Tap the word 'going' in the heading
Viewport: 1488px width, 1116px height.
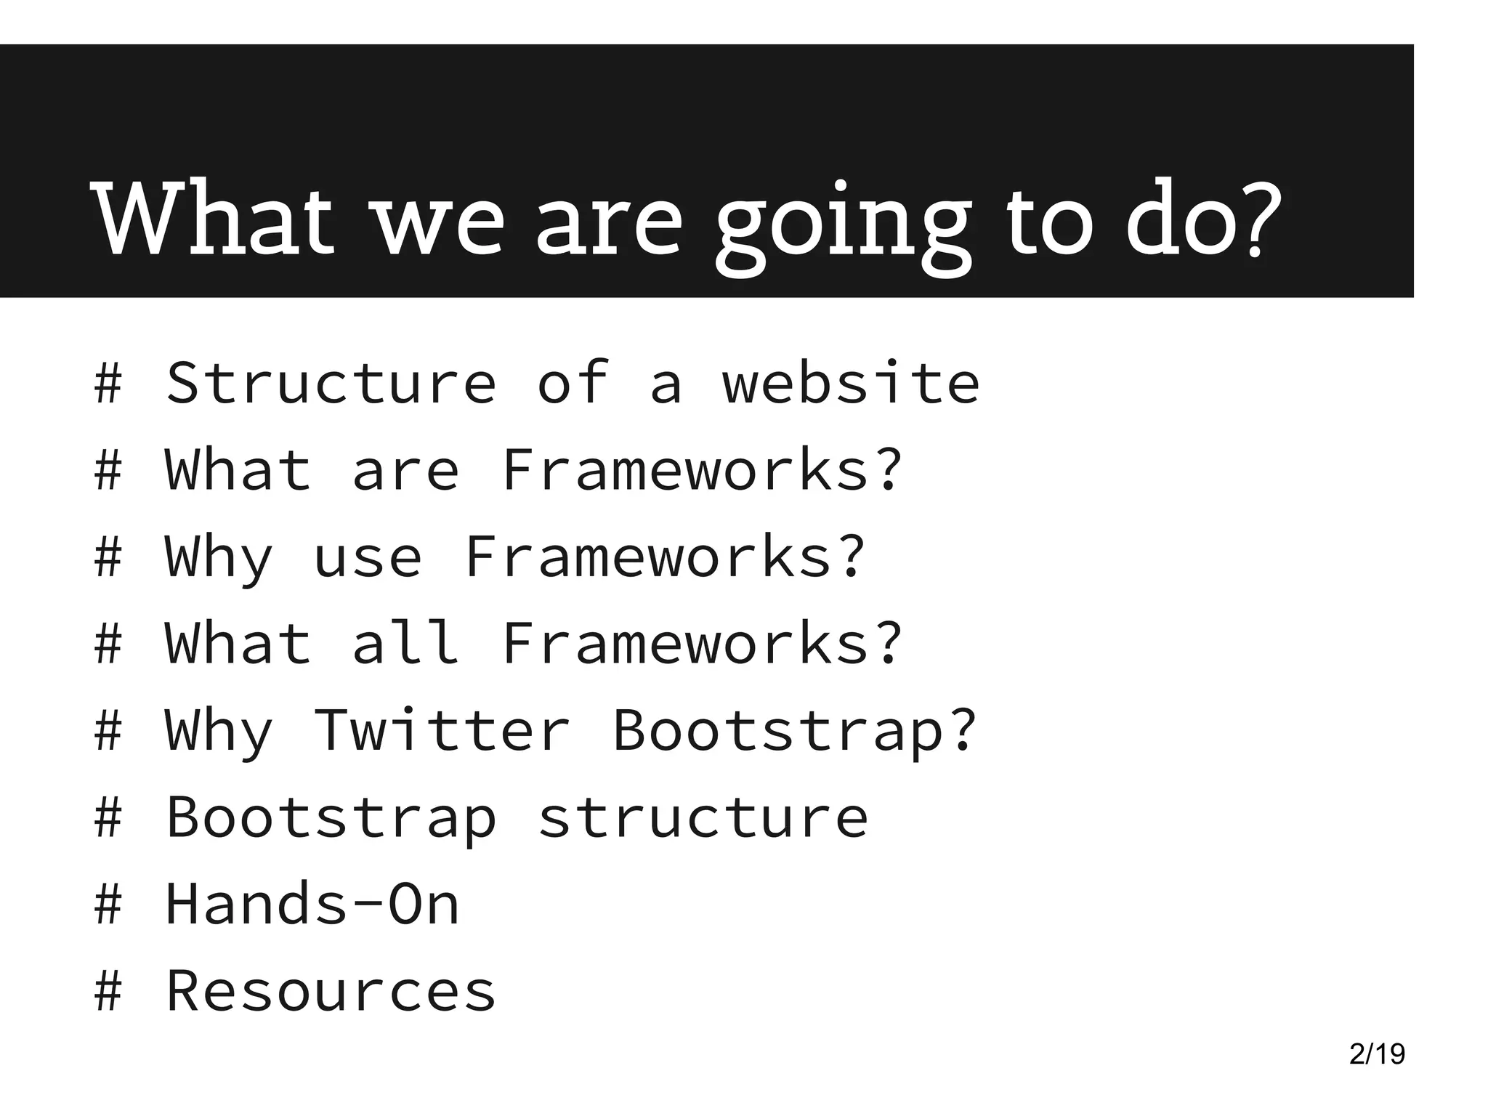[843, 225]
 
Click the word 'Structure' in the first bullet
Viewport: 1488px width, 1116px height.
[331, 383]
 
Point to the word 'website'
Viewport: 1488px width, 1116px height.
[850, 383]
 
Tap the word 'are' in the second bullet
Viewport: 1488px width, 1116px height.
[405, 470]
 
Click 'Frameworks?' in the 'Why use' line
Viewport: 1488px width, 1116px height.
[665, 557]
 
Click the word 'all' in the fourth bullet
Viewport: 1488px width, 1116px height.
[405, 643]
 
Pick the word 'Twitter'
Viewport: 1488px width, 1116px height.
[442, 730]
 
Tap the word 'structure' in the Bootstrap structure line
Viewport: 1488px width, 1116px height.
[703, 818]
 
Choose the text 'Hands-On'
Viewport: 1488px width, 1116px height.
[312, 904]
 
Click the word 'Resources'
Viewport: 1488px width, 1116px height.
[331, 991]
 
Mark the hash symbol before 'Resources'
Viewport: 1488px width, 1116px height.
[108, 991]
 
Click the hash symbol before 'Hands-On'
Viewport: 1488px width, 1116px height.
[108, 904]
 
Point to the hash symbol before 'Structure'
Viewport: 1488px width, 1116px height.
[108, 383]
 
